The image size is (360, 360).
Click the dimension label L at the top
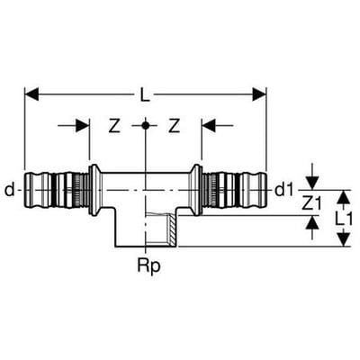[145, 94]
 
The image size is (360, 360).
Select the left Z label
[114, 126]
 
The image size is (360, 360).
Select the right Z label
[174, 126]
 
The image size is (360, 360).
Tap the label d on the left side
[10, 190]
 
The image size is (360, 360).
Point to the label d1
[283, 190]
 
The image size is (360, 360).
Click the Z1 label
[311, 204]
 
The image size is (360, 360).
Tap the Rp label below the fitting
[148, 265]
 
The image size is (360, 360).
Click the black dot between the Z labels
[145, 125]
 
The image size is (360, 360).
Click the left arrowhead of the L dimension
[31, 94]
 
